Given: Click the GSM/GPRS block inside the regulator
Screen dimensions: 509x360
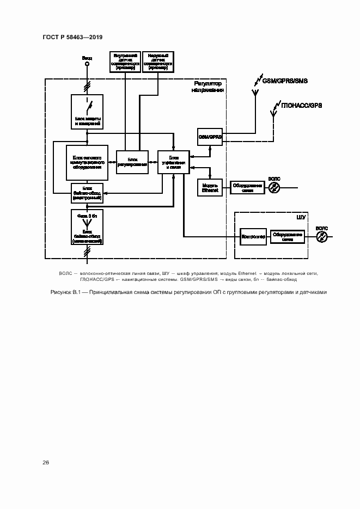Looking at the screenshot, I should point(210,136).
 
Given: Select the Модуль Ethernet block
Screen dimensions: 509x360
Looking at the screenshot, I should point(210,187).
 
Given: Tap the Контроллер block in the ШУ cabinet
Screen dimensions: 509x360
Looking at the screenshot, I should point(253,236).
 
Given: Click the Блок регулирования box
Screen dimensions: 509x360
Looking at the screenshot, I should point(132,162).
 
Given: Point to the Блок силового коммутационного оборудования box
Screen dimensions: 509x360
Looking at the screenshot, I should point(87,162).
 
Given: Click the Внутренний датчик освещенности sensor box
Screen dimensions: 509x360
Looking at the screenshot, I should point(125,63).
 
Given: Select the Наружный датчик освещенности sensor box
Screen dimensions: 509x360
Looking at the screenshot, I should point(157,63).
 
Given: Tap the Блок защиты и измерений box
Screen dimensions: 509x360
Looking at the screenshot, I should point(87,111).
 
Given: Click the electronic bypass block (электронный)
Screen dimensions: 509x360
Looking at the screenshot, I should point(87,193).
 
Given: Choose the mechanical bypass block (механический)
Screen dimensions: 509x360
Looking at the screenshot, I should point(87,227).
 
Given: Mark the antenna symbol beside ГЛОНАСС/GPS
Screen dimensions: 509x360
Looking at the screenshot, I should point(274,113).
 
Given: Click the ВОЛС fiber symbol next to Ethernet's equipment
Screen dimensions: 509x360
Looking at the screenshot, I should point(275,187).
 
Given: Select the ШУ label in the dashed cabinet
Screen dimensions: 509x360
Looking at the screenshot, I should point(301,217).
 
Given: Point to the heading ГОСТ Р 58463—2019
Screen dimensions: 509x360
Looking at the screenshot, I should point(72,37).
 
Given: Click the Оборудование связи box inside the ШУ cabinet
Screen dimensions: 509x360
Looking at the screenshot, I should point(288,236).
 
